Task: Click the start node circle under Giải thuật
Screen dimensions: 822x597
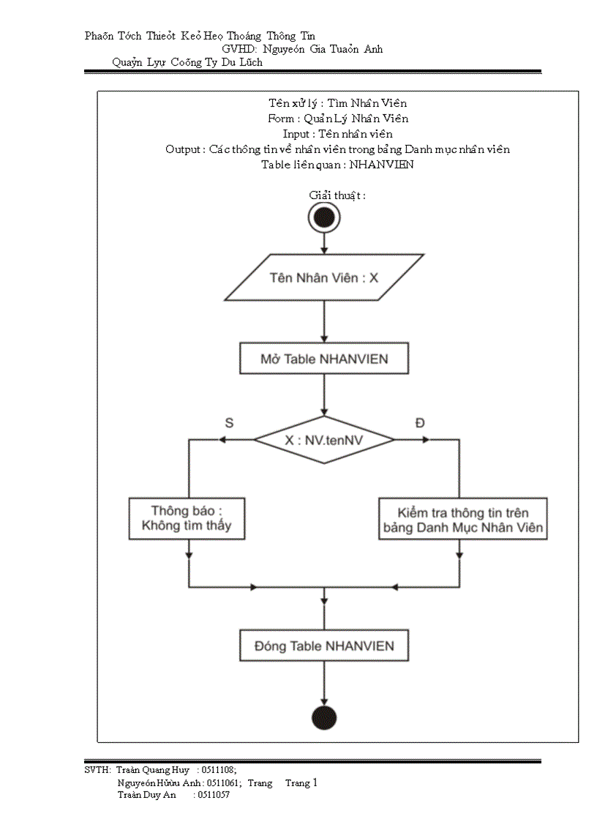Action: pyautogui.click(x=324, y=217)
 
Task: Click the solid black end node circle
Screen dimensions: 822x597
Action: pyautogui.click(x=323, y=718)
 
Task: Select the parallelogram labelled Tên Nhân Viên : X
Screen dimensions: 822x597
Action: pyautogui.click(x=324, y=277)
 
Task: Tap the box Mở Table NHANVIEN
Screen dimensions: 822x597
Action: pyautogui.click(x=324, y=359)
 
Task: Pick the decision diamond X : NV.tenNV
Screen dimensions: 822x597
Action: pyautogui.click(x=324, y=439)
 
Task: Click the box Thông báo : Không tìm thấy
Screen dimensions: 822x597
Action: pyautogui.click(x=187, y=518)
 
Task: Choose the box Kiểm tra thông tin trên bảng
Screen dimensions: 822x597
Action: pyautogui.click(x=463, y=519)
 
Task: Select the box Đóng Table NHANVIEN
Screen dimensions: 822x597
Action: pyautogui.click(x=324, y=646)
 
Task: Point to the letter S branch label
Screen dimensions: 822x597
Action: pyautogui.click(x=229, y=422)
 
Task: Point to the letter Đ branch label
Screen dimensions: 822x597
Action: pyautogui.click(x=419, y=422)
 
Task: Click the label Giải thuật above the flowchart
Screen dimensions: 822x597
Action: pyautogui.click(x=337, y=195)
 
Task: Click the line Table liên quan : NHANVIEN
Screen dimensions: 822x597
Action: pyautogui.click(x=337, y=165)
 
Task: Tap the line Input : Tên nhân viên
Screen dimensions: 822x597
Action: pyautogui.click(x=337, y=134)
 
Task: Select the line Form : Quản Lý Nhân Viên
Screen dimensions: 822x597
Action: pyautogui.click(x=337, y=119)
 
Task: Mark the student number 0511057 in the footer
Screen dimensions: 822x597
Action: pyautogui.click(x=214, y=795)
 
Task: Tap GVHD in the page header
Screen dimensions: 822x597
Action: pyautogui.click(x=238, y=49)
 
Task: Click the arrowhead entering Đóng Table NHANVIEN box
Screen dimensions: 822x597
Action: pyautogui.click(x=324, y=627)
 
